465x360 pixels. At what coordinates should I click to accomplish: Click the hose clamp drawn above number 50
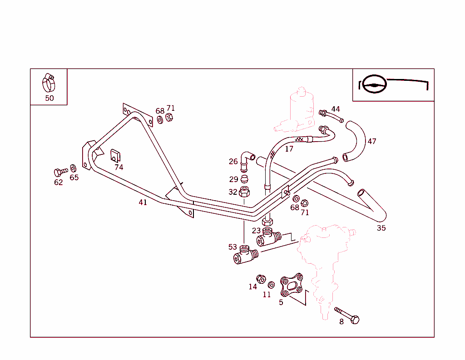pyautogui.click(x=49, y=83)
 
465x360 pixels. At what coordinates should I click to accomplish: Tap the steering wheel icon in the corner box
pyautogui.click(x=374, y=84)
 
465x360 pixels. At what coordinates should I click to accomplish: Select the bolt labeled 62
pyautogui.click(x=59, y=172)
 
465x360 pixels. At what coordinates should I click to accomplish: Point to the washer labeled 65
pyautogui.click(x=73, y=168)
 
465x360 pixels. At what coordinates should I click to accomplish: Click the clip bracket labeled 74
pyautogui.click(x=115, y=155)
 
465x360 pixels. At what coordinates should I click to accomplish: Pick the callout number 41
pyautogui.click(x=143, y=202)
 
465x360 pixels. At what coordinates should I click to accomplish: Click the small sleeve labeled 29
pyautogui.click(x=244, y=178)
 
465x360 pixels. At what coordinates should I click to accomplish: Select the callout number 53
pyautogui.click(x=232, y=247)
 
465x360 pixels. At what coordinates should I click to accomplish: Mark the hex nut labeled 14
pyautogui.click(x=261, y=278)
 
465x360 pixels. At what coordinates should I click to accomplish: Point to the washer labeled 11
pyautogui.click(x=271, y=285)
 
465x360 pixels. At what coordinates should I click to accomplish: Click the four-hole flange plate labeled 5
pyautogui.click(x=292, y=285)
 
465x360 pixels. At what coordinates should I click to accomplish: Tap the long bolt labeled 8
pyautogui.click(x=347, y=316)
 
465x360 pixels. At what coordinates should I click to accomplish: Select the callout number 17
pyautogui.click(x=289, y=148)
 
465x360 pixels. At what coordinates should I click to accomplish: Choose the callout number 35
pyautogui.click(x=381, y=228)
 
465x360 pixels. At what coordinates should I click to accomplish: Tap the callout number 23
pyautogui.click(x=256, y=231)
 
